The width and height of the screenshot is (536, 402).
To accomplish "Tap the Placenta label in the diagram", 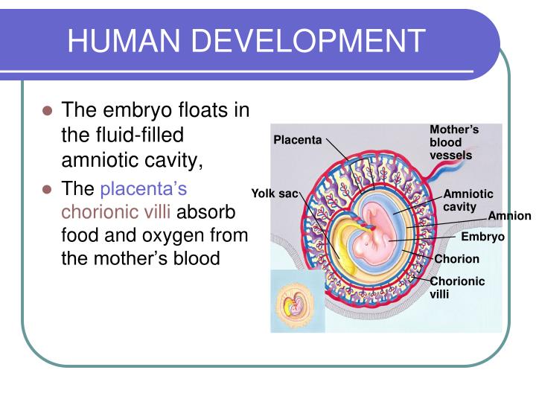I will [297, 140].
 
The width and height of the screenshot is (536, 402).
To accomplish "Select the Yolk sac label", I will [274, 194].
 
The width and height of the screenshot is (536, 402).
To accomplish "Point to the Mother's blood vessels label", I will [452, 142].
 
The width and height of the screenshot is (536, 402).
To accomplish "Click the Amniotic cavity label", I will [468, 200].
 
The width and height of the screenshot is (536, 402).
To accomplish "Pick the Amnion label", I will [509, 216].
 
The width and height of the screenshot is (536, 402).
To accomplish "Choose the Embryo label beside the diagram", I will [482, 237].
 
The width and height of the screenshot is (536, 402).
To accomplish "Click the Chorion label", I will [456, 259].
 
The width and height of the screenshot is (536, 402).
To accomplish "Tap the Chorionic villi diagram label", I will [456, 287].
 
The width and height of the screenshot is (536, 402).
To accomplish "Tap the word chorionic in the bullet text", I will [95, 212].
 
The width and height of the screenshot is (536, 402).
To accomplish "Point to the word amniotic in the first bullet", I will [101, 160].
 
